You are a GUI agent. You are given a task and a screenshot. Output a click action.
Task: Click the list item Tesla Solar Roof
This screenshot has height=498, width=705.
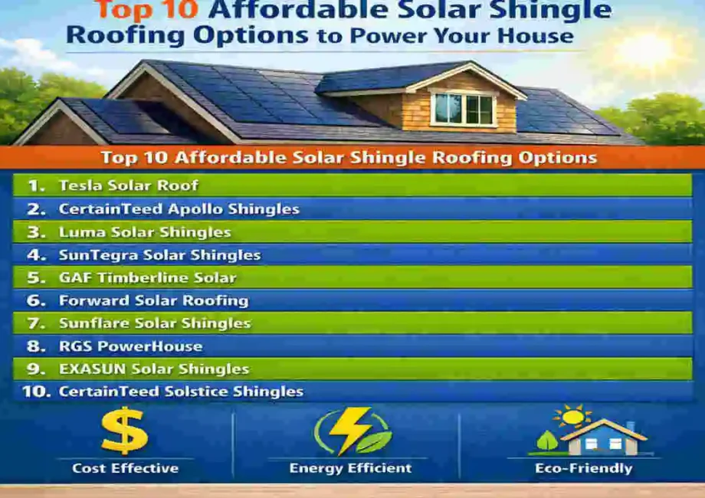click(128, 185)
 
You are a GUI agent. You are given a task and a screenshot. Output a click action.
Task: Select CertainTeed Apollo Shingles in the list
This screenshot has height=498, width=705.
click(179, 208)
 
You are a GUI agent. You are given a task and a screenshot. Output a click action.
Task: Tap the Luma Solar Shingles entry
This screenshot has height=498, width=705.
click(145, 231)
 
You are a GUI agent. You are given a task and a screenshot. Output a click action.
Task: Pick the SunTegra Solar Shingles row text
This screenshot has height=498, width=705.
click(159, 254)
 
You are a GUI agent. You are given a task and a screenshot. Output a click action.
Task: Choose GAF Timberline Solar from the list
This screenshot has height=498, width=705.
click(147, 277)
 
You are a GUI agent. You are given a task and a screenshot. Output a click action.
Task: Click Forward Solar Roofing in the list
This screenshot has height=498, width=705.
click(153, 300)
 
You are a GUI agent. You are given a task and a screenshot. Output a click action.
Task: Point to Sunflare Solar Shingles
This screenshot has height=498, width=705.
click(154, 323)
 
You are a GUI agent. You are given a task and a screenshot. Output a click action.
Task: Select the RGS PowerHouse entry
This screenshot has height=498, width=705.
click(130, 346)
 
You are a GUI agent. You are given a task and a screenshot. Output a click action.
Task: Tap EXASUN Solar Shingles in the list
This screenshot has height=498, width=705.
click(153, 369)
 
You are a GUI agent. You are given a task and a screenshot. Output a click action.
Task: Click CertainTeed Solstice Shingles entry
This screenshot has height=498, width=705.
click(181, 392)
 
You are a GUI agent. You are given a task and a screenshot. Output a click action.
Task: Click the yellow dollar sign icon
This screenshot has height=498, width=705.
click(124, 431)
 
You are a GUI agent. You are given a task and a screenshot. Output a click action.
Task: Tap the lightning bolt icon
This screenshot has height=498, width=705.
click(352, 431)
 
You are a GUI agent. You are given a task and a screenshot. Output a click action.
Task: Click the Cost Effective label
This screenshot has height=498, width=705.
click(125, 468)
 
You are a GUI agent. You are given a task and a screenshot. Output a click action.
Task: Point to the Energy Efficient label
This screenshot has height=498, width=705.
click(350, 468)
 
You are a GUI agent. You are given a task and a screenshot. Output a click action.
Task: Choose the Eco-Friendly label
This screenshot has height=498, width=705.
click(585, 468)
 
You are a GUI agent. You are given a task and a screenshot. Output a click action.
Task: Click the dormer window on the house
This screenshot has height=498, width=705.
click(463, 109)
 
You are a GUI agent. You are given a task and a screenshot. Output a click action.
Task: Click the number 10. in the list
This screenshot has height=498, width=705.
click(36, 392)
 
